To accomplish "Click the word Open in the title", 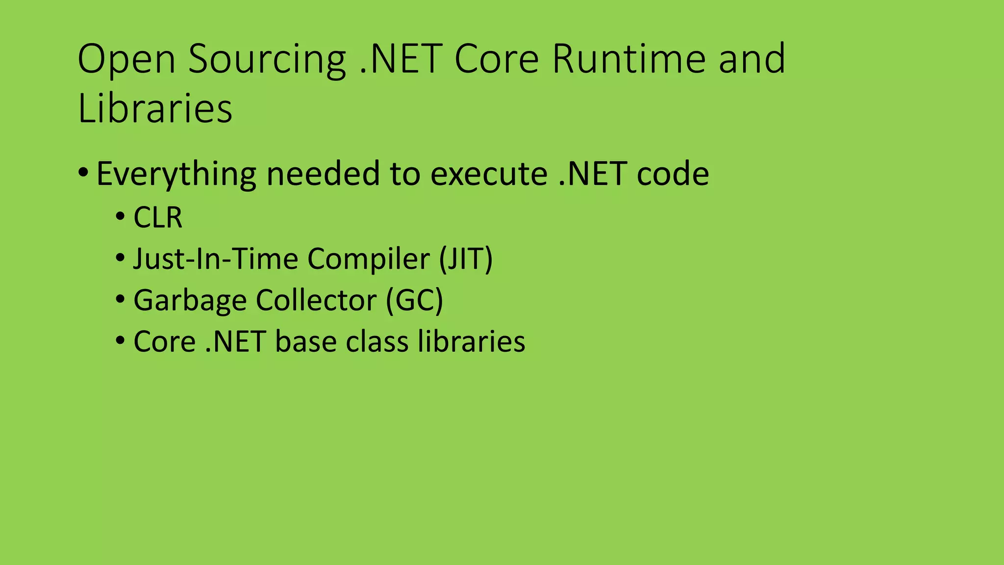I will pos(126,60).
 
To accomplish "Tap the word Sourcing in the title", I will pos(267,60).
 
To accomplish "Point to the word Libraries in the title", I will pos(155,108).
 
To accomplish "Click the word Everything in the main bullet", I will pos(176,174).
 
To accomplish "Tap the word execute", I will pos(489,174).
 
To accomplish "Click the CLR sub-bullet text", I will pos(158,217).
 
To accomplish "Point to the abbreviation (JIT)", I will pos(465,258).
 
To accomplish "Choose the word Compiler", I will pos(369,258).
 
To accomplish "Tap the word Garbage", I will pos(190,300).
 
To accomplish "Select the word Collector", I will pos(316,300).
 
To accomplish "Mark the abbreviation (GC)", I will pos(414,300).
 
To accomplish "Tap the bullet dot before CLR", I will pos(120,216).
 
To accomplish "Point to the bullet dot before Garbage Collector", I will pos(120,299).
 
